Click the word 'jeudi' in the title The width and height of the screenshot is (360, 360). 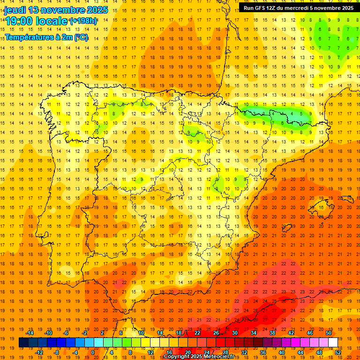pos(15,10)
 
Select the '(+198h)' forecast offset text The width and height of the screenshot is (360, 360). pos(83,21)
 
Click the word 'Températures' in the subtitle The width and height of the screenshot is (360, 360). pos(27,37)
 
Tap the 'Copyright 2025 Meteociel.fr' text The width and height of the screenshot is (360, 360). pos(199,357)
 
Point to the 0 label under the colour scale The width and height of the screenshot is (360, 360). pos(93,352)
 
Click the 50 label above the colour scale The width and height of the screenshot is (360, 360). pos(329,333)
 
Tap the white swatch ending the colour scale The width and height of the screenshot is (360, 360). pos(333,343)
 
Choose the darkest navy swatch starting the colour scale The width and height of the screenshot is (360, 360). pos(23,343)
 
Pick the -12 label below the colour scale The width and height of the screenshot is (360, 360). pos(39,352)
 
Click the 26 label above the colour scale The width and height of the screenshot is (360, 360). pos(216,333)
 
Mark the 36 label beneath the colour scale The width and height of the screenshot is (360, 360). pos(263,352)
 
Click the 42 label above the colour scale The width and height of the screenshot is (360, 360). pos(291,333)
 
